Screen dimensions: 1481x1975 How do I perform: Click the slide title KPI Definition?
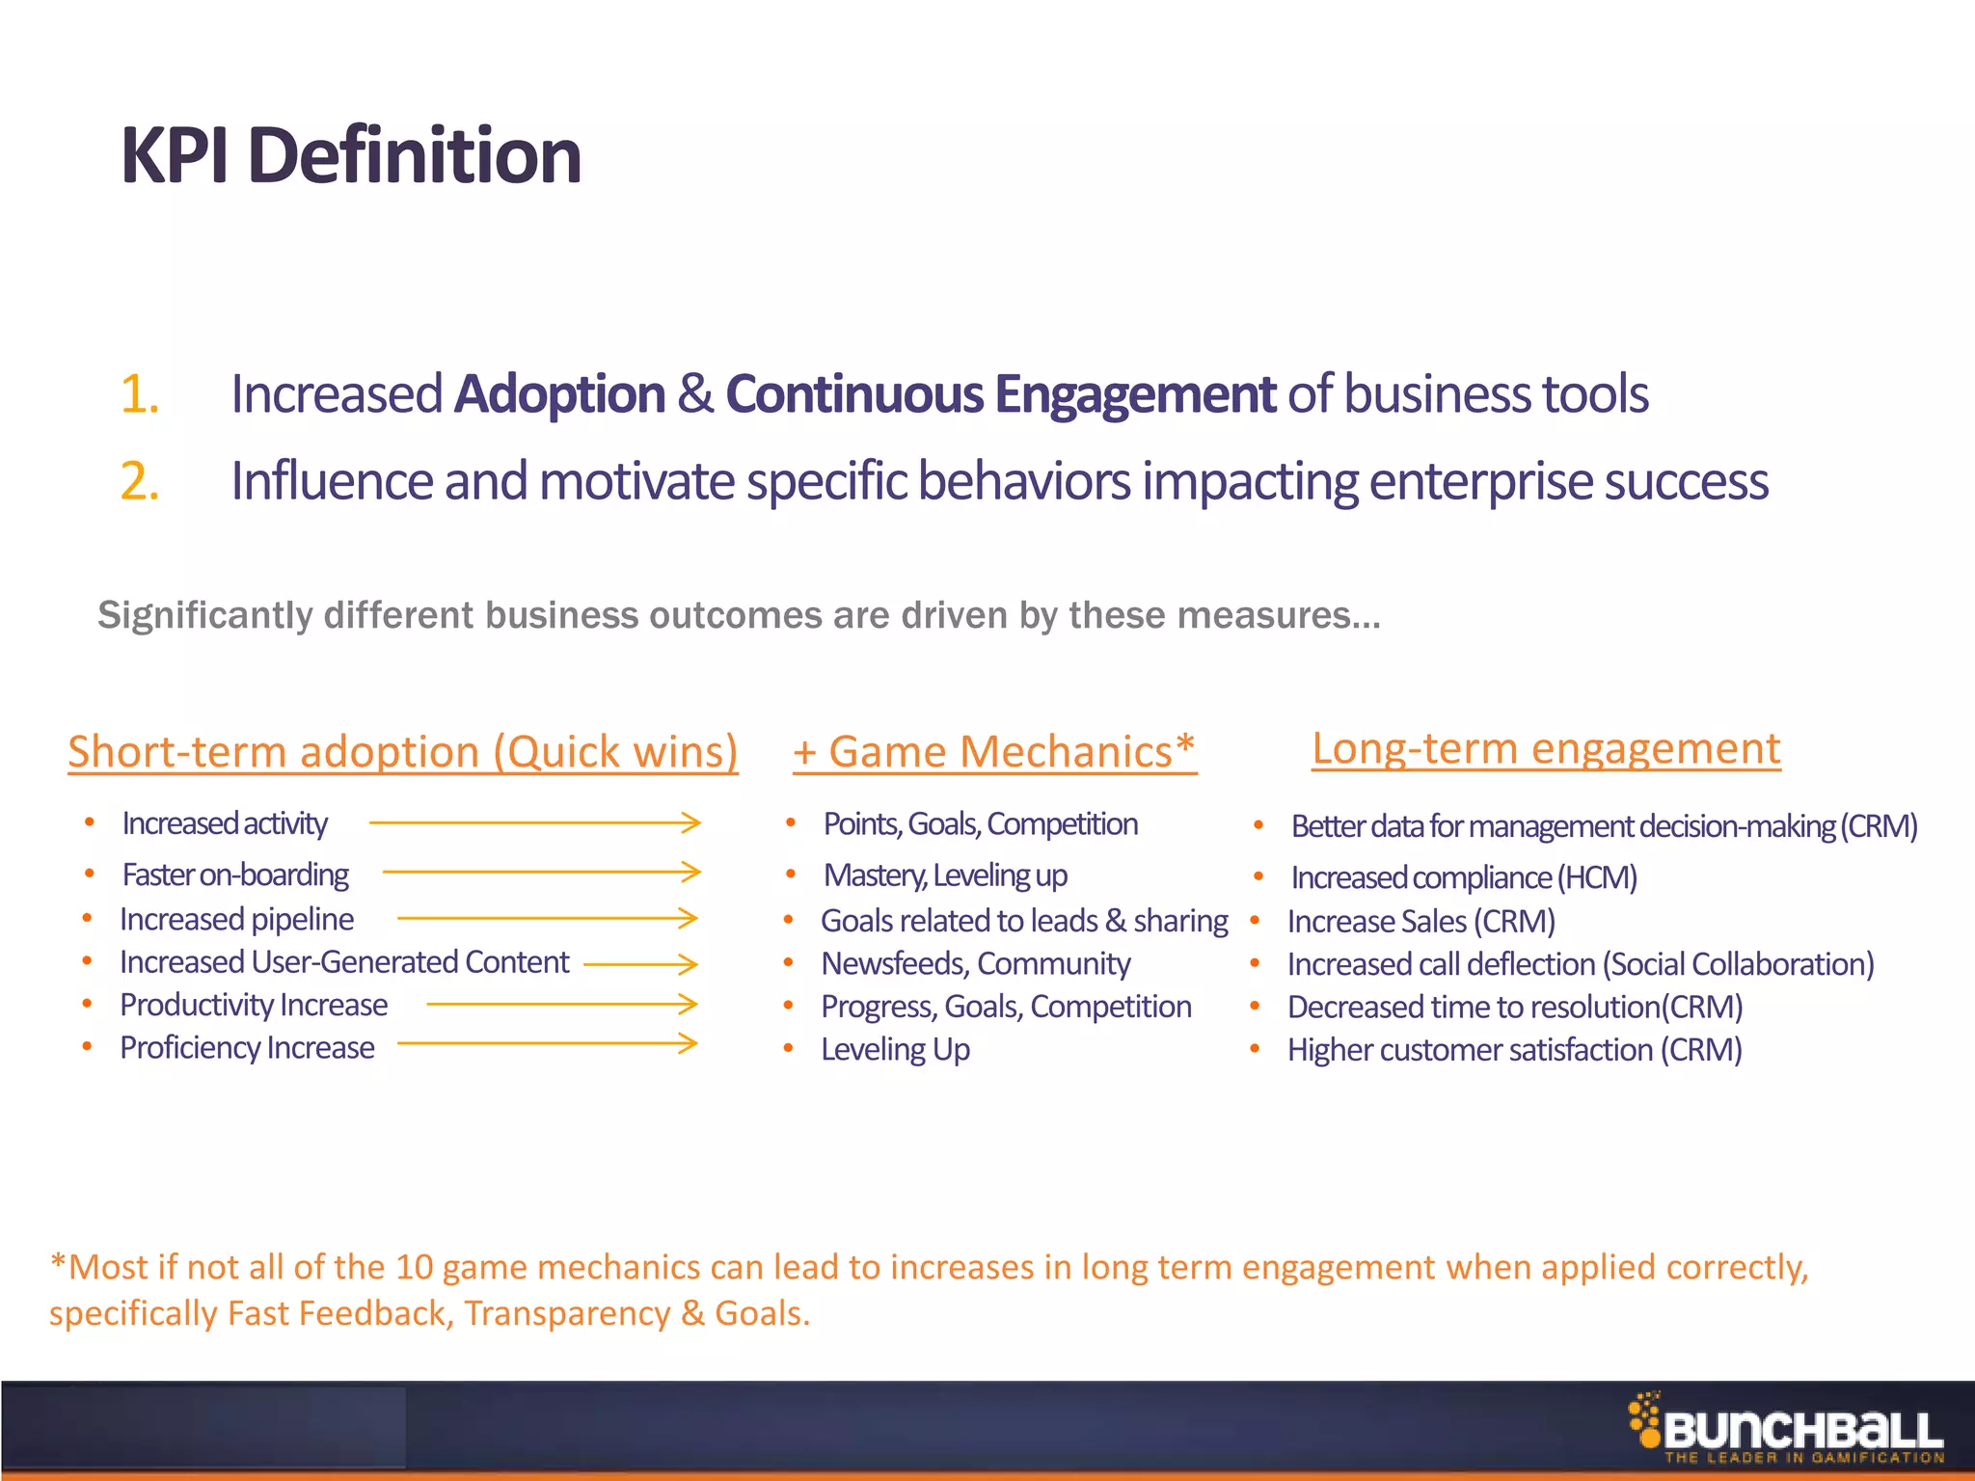point(350,156)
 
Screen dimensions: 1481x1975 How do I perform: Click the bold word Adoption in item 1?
point(559,394)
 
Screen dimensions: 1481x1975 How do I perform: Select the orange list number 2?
point(139,480)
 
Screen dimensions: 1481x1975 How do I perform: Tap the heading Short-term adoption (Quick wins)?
point(402,752)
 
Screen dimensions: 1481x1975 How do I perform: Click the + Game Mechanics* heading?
point(993,752)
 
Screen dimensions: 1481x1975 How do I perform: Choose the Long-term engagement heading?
point(1545,748)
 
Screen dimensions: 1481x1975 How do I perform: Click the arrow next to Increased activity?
point(534,822)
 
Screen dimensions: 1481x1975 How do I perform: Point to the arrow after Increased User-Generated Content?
point(640,963)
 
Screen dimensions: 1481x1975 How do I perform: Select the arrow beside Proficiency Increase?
point(547,1043)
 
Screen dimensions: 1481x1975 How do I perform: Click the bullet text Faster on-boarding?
point(235,875)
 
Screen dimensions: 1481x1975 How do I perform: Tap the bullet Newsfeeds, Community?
point(975,963)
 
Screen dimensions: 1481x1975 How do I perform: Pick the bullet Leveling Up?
point(895,1049)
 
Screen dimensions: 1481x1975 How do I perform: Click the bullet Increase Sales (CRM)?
point(1420,921)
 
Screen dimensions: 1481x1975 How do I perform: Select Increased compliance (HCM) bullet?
point(1463,877)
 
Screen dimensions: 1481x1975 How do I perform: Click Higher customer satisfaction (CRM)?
point(1514,1049)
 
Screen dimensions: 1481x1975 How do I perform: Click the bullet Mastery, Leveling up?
point(945,875)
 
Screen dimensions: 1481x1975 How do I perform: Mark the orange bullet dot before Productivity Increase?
point(87,1005)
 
